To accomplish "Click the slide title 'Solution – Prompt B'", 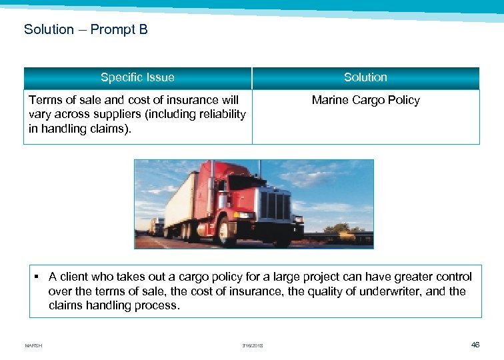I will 86,29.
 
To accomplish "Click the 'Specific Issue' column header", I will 137,77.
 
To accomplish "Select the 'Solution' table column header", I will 365,77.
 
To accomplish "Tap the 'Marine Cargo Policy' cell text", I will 365,100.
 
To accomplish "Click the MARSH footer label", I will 33,345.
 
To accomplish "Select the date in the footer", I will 253,345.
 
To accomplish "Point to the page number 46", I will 475,345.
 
